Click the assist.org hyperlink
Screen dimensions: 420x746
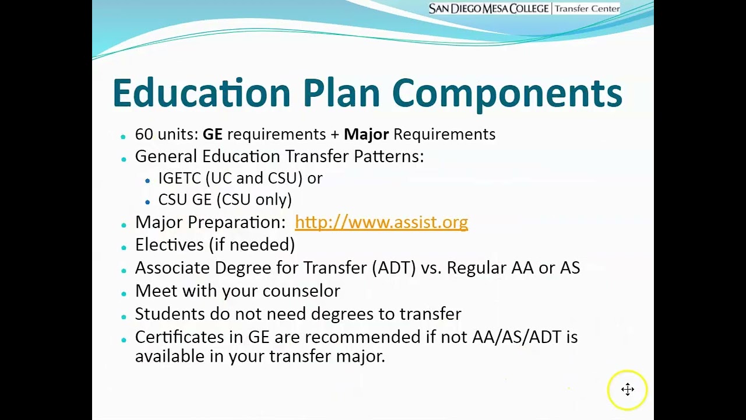(381, 222)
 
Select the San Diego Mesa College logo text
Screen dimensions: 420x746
(488, 9)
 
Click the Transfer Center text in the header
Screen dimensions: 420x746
(587, 9)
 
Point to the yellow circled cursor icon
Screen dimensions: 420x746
(627, 390)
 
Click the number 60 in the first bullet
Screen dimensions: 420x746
(144, 134)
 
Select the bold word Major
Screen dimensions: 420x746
(366, 134)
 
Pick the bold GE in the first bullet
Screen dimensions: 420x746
(212, 134)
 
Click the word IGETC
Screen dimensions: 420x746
(180, 178)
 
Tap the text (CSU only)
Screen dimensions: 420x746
(254, 199)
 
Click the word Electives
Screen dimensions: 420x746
(170, 244)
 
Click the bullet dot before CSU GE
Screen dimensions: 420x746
(147, 202)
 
